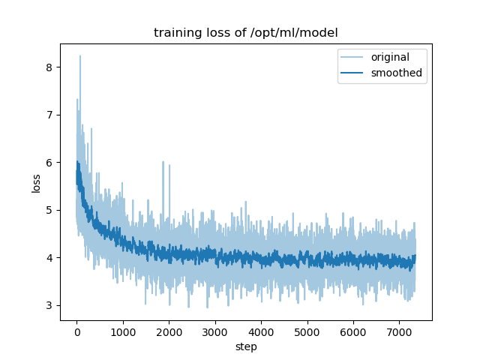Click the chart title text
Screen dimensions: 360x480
click(246, 33)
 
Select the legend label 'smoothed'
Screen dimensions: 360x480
click(397, 73)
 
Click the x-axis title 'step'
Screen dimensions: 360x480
click(246, 347)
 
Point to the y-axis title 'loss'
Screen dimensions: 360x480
click(37, 182)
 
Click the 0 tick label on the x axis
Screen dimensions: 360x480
click(76, 332)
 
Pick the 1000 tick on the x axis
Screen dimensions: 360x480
click(123, 332)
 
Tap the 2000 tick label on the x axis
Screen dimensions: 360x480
click(169, 332)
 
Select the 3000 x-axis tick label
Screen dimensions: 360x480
click(215, 332)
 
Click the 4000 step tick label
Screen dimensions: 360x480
click(261, 332)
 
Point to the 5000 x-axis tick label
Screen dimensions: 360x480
click(307, 332)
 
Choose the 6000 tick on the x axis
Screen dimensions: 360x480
click(353, 332)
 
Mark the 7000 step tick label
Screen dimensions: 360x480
click(400, 332)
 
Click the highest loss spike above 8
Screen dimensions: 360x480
click(80, 56)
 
